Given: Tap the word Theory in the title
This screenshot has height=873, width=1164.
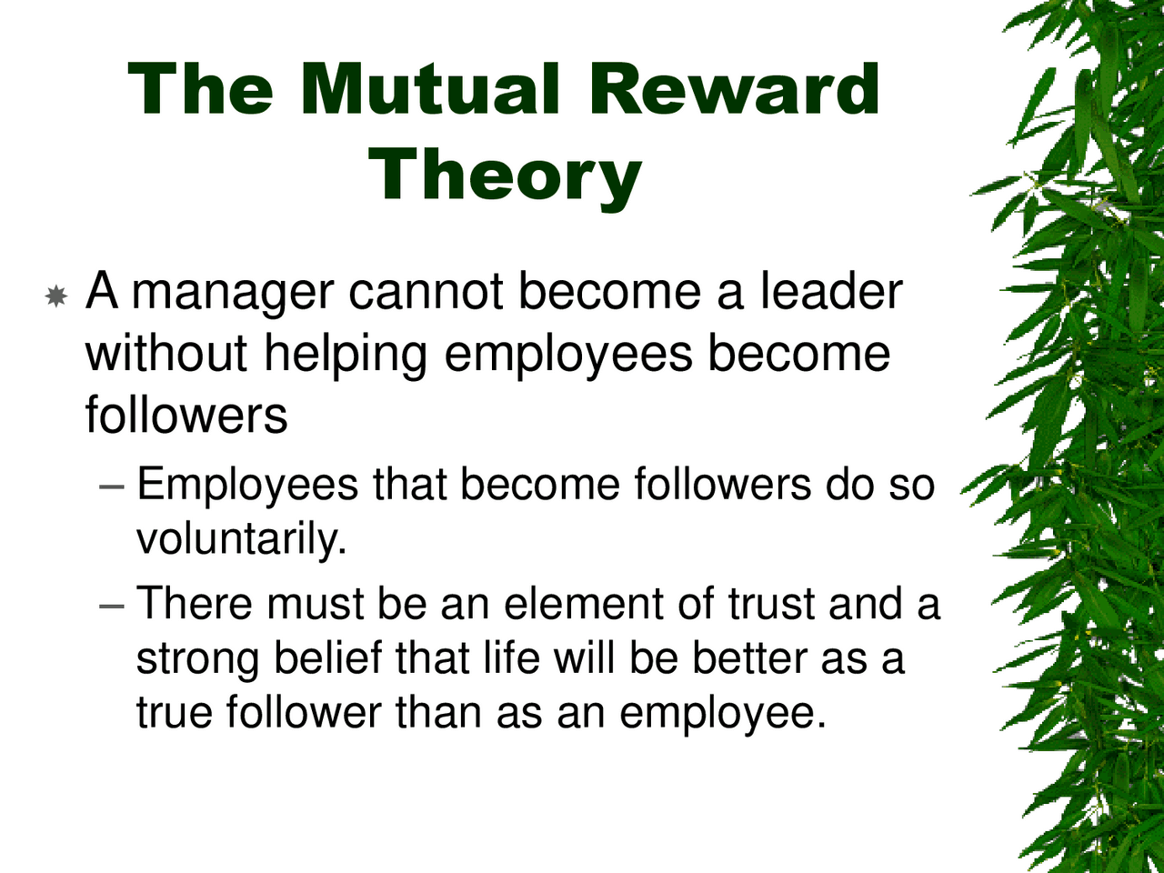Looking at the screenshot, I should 506,175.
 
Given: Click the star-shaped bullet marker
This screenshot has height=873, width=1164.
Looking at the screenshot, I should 55,296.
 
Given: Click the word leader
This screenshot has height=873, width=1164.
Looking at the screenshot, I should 830,293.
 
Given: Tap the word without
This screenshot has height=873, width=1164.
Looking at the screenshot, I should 166,354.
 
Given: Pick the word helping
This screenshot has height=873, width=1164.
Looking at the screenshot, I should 346,356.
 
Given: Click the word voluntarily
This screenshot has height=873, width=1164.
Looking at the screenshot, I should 241,539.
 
